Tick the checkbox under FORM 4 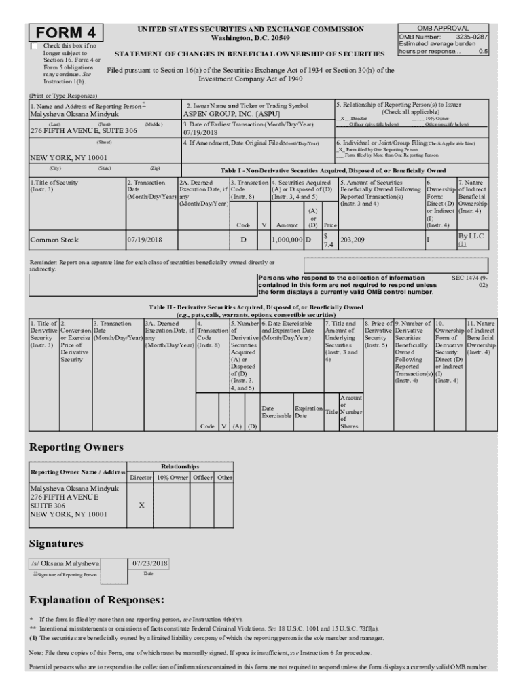pos(34,46)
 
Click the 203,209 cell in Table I pos(355,240)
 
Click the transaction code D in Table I pos(243,240)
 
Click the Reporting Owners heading pos(75,447)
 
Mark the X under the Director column pos(141,506)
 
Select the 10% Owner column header pos(171,478)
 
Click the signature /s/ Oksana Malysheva pos(65,563)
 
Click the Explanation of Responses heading pos(96,600)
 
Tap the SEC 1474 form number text pos(469,282)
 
